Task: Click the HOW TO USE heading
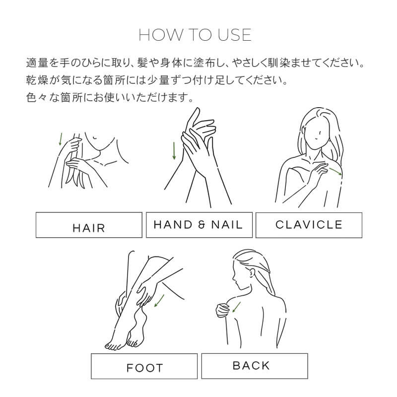click(195, 35)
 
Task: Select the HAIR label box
click(89, 225)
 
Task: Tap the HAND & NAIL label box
click(199, 225)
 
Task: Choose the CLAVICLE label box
click(309, 225)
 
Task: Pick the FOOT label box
click(144, 366)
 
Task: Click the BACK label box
click(255, 366)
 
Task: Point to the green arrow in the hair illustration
click(60, 139)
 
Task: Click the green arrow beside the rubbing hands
click(174, 151)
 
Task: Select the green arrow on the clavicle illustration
click(335, 171)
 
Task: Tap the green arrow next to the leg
click(159, 301)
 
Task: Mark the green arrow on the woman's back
click(236, 307)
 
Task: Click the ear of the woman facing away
click(252, 273)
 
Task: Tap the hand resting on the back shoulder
click(223, 310)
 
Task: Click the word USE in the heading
click(234, 35)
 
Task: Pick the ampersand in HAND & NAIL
click(201, 225)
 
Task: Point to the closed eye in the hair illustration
click(95, 138)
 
